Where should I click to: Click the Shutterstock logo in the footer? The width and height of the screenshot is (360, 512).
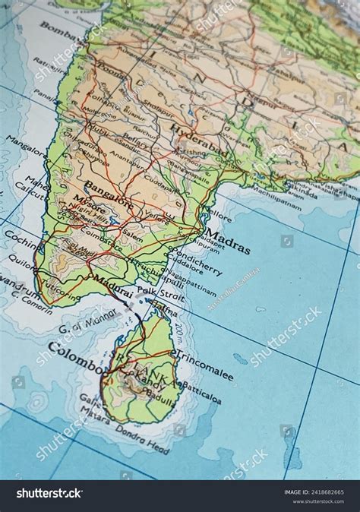[48, 493]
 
